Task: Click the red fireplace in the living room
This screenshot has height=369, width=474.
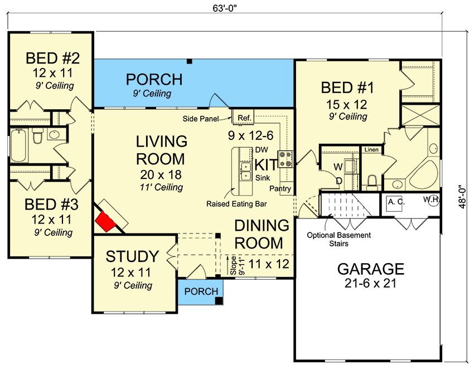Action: (106, 221)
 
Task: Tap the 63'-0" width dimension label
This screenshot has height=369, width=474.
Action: (224, 8)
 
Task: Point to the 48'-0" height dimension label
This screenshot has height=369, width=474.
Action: (462, 196)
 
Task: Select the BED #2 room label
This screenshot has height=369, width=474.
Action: (52, 58)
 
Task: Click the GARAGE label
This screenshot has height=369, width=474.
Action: (371, 269)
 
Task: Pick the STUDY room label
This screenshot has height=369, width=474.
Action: (132, 256)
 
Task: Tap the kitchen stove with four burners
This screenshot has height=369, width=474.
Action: (286, 159)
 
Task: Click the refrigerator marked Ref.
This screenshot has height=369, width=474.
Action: (243, 116)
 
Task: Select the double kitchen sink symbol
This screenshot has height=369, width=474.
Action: (245, 171)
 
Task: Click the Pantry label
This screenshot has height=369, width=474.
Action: (280, 188)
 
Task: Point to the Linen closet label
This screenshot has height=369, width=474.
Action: (371, 149)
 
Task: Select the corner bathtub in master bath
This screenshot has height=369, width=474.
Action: (423, 175)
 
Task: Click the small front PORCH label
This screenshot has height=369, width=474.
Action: (201, 292)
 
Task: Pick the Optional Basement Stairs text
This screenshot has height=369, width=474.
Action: (339, 239)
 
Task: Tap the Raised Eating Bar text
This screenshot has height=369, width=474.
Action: (236, 204)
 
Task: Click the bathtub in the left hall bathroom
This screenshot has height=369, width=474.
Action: (19, 145)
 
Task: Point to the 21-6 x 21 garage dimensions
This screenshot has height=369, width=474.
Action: (370, 283)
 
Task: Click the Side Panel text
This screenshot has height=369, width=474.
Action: (200, 119)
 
